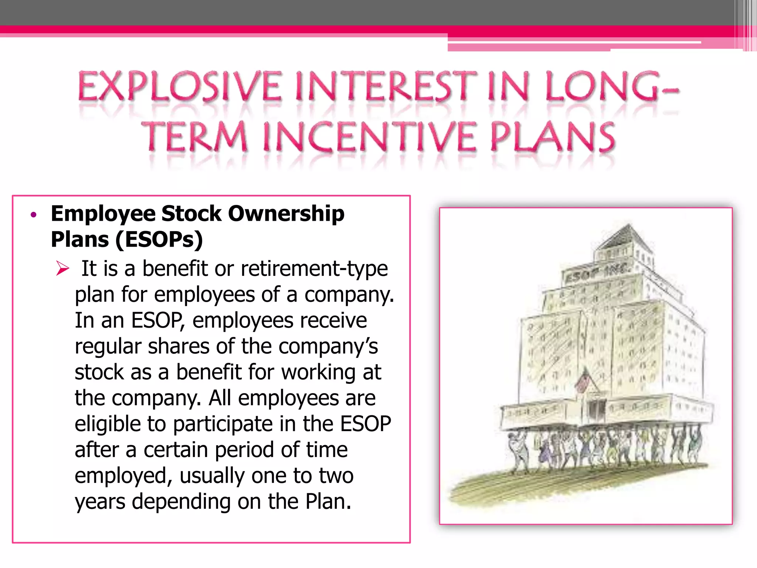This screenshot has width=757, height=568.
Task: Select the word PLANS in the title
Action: click(x=553, y=137)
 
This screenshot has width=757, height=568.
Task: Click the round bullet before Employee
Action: click(x=34, y=215)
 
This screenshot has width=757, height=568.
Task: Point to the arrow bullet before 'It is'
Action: click(x=62, y=268)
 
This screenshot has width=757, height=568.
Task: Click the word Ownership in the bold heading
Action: click(x=286, y=214)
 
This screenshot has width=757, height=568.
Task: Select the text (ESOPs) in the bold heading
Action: click(x=159, y=239)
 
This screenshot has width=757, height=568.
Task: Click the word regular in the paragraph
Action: click(x=108, y=346)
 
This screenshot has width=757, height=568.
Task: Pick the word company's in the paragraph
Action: click(x=328, y=346)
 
